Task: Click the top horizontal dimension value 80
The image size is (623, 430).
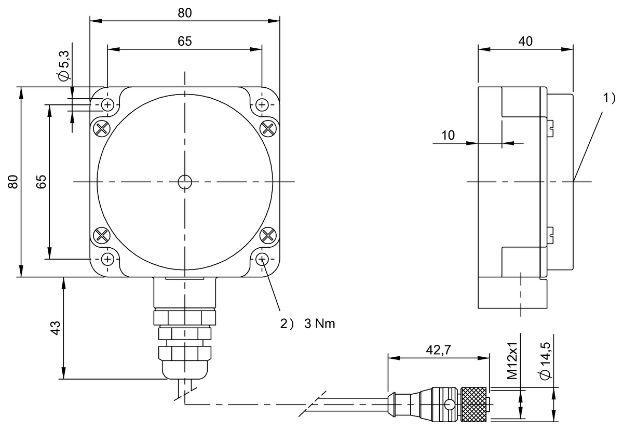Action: click(184, 14)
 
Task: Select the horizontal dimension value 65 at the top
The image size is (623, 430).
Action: click(184, 42)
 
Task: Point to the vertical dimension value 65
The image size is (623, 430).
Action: click(42, 182)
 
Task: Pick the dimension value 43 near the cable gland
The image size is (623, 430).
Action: click(56, 328)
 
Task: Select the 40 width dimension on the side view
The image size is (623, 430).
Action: click(525, 42)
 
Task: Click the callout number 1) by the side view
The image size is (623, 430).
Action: click(608, 97)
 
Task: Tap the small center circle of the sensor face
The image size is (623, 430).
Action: click(184, 182)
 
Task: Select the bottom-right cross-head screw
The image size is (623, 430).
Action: click(268, 235)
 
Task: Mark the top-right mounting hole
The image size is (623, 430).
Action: click(262, 104)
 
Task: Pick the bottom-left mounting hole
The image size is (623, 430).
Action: click(108, 259)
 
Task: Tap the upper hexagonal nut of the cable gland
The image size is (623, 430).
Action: click(184, 316)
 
